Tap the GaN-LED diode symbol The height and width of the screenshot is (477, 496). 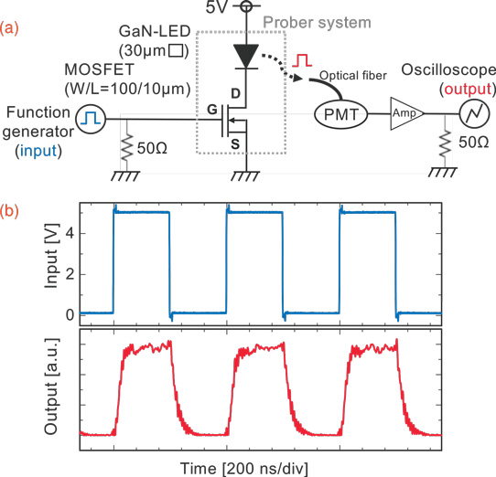click(x=246, y=57)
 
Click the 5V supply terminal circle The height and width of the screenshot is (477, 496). click(x=246, y=6)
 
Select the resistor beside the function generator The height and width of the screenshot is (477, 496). click(x=126, y=147)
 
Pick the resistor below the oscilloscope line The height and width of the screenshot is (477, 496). click(x=445, y=142)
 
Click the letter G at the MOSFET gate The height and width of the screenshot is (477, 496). click(x=212, y=110)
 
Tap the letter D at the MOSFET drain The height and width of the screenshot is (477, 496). click(x=236, y=93)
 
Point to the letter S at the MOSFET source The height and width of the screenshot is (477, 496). click(x=235, y=144)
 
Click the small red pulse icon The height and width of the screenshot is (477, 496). click(x=302, y=60)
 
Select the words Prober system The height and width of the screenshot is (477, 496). click(x=317, y=23)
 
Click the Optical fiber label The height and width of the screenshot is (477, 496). click(x=353, y=76)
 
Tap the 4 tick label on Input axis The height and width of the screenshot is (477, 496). click(x=70, y=233)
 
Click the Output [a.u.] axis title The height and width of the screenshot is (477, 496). click(x=52, y=386)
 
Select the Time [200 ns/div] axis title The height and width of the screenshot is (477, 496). click(x=244, y=469)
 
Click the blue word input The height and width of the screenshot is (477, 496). click(x=38, y=151)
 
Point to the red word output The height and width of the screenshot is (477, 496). click(x=468, y=89)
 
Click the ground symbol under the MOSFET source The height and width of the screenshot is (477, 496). click(x=245, y=176)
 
